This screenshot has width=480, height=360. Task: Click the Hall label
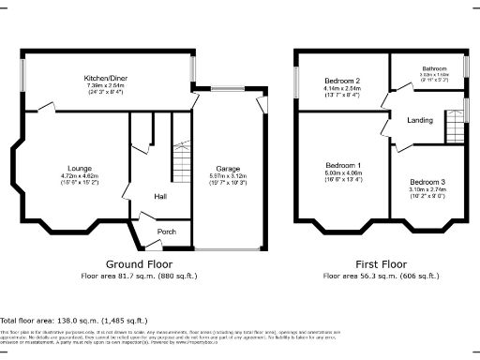(x=160, y=196)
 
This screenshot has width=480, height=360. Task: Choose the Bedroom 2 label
(x=343, y=80)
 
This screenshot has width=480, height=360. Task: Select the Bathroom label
(x=434, y=68)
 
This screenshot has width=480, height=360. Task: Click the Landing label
(x=419, y=120)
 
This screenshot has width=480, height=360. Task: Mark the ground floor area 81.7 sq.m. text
(x=139, y=277)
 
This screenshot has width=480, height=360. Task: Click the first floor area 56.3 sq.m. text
(x=381, y=277)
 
